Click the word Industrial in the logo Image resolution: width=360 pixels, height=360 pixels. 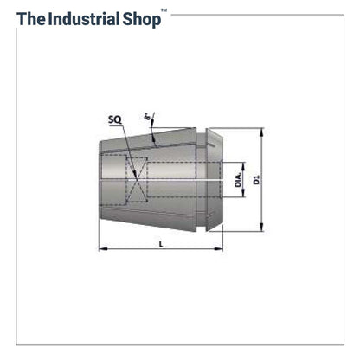pyautogui.click(x=84, y=19)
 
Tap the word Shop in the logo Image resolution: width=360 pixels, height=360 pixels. pyautogui.click(x=142, y=20)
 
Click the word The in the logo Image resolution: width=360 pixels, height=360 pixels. pyautogui.click(x=31, y=19)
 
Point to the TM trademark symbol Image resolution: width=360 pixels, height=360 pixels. pyautogui.click(x=164, y=10)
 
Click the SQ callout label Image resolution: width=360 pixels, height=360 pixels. pyautogui.click(x=115, y=119)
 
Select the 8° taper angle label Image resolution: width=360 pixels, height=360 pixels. pyautogui.click(x=148, y=117)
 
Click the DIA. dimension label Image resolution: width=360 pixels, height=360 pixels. pyautogui.click(x=238, y=180)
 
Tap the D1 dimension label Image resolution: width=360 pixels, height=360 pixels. pyautogui.click(x=256, y=180)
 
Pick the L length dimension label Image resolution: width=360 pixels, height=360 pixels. pyautogui.click(x=161, y=244)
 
